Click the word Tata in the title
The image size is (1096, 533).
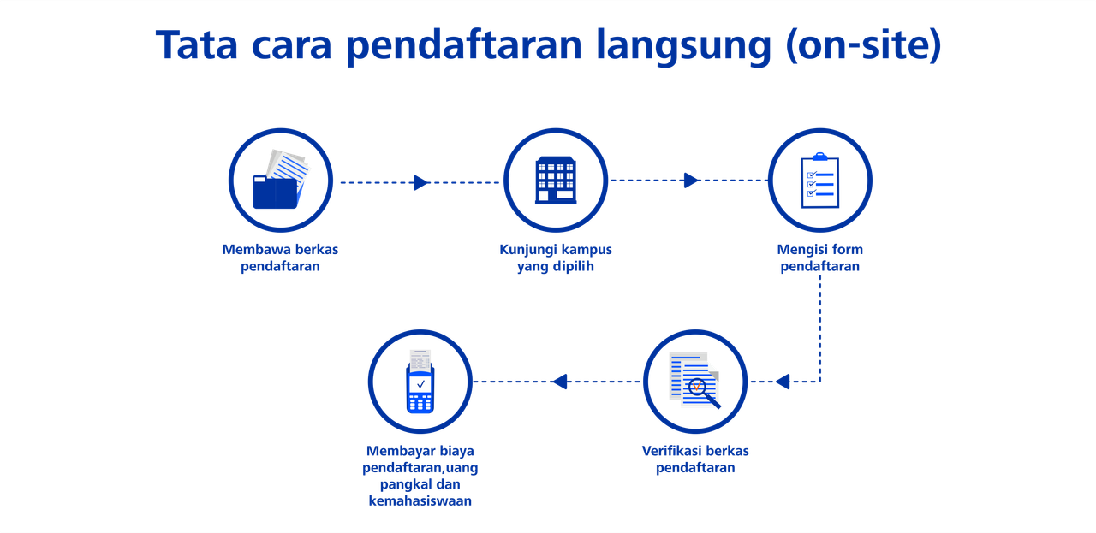(197, 45)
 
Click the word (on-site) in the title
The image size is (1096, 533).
(863, 46)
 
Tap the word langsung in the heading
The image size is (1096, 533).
(683, 47)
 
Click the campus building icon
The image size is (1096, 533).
(556, 180)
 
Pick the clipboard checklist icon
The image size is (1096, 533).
(820, 181)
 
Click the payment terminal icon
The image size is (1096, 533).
(420, 382)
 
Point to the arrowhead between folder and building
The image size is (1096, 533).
(420, 182)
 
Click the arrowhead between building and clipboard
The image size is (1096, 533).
(691, 180)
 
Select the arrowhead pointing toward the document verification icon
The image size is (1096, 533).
(783, 382)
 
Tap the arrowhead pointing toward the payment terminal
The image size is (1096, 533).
(559, 382)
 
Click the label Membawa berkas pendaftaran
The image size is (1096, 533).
(280, 258)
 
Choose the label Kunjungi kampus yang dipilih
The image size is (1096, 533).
(556, 258)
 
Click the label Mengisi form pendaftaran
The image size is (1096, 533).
(820, 258)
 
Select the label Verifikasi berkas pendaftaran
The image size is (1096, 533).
(695, 459)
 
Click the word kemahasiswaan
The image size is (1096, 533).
(420, 500)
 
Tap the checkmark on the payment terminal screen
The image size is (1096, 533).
(420, 384)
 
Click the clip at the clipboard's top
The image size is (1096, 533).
(820, 157)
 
